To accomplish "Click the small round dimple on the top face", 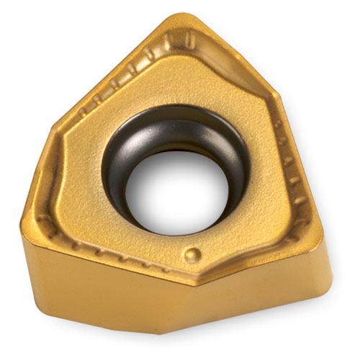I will (192, 253).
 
